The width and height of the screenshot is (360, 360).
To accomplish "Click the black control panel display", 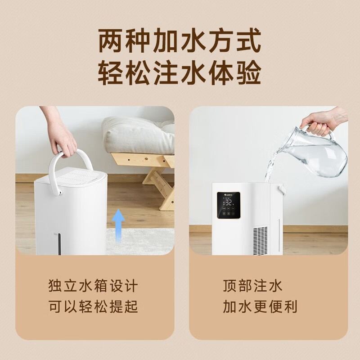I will (x=229, y=207).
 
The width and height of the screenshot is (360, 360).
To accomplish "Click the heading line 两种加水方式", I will (x=180, y=42).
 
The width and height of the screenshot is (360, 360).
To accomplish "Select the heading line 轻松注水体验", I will (x=180, y=73).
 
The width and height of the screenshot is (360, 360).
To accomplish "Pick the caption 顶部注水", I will (x=252, y=286).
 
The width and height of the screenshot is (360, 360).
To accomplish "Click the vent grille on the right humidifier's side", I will (x=261, y=238).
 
